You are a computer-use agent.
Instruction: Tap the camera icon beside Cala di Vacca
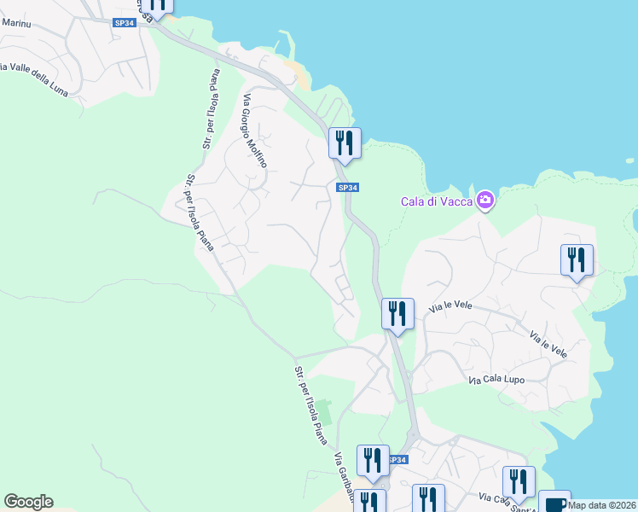pos(485,201)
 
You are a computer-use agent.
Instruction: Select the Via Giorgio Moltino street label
pos(255,130)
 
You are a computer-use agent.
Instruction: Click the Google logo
pos(28,502)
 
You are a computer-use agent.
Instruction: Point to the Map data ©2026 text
pos(602,504)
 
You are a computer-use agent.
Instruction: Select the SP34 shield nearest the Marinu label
pos(125,23)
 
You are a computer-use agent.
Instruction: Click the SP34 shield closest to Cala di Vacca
pos(345,188)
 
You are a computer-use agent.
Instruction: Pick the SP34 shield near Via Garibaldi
pos(397,460)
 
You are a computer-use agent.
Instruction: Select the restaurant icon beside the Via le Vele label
pos(397,312)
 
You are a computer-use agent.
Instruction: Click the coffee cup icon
pos(554,503)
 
